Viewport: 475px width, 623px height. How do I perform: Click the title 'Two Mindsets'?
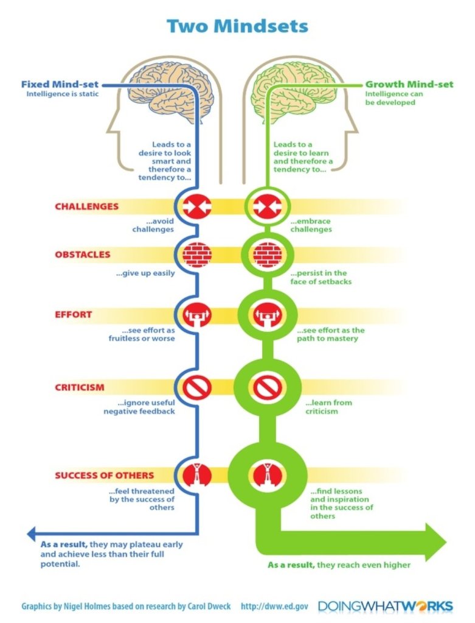(x=237, y=26)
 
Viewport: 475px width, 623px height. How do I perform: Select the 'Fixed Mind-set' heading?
(x=60, y=84)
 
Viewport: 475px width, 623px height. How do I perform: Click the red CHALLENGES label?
(x=86, y=206)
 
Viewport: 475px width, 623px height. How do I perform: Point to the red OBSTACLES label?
(x=83, y=254)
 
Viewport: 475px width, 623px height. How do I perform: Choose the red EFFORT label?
(x=73, y=314)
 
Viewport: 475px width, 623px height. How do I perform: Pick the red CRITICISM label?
(x=79, y=387)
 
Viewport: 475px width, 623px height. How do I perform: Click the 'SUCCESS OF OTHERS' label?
(x=104, y=475)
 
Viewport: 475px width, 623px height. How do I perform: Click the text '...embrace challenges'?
(x=311, y=225)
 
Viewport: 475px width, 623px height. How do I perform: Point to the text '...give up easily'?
(x=145, y=273)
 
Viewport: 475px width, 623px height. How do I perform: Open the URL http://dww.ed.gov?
(x=274, y=606)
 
